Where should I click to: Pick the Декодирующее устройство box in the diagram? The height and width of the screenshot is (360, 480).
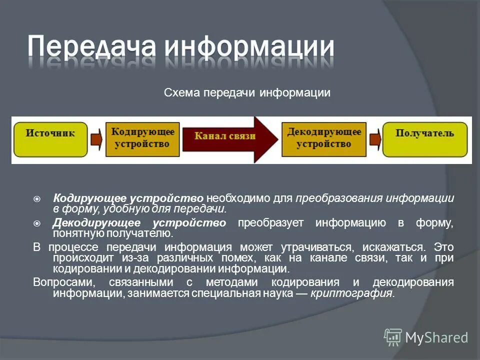click(x=323, y=137)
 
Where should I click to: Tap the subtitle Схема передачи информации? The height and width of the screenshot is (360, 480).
click(x=247, y=93)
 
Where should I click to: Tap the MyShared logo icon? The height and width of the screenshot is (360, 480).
click(x=393, y=337)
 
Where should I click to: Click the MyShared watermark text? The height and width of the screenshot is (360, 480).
click(x=436, y=337)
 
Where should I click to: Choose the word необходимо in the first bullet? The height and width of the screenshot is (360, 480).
click(x=238, y=198)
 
